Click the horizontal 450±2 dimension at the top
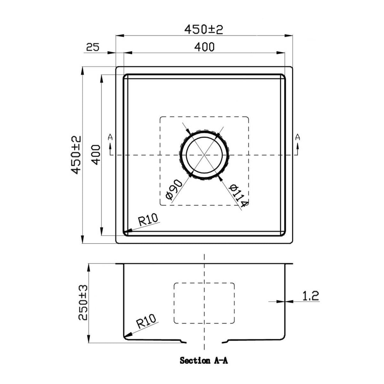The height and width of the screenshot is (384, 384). click(204, 30)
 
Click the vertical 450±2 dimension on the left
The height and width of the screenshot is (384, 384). click(76, 155)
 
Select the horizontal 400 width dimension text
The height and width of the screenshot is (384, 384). click(204, 47)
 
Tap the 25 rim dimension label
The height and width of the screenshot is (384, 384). click(92, 47)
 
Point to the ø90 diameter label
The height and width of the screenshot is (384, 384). click(174, 189)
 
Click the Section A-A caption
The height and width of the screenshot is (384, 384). click(204, 361)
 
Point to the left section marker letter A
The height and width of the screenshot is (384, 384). click(110, 137)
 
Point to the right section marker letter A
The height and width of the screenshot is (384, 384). click(298, 137)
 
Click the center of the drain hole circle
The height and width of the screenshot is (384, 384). click(204, 155)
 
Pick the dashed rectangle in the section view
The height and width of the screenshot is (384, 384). click(204, 303)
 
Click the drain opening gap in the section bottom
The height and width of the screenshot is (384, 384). click(204, 342)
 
